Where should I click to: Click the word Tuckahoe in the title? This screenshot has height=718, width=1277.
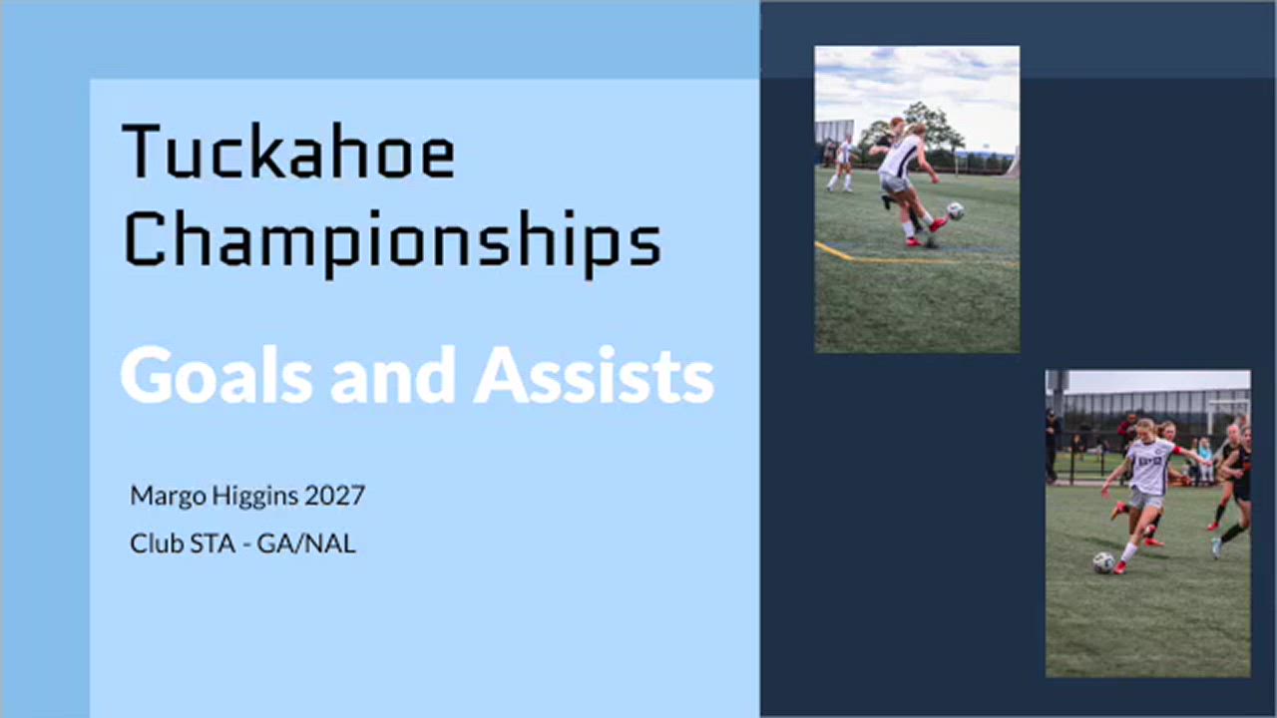pos(289,151)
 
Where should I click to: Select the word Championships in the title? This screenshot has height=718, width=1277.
pos(393,242)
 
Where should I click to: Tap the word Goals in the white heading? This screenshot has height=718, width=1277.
pos(216,376)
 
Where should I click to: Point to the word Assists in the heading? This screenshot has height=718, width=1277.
pos(594,376)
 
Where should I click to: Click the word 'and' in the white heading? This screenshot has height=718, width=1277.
pos(393,376)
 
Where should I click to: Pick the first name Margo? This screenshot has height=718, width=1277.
pos(169,497)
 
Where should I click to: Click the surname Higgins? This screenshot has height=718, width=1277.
pos(254,497)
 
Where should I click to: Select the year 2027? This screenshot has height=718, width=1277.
pos(334,496)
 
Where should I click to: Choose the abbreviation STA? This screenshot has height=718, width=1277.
pos(213,543)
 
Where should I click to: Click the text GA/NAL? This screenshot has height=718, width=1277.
pos(306,543)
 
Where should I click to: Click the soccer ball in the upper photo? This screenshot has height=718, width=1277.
pos(955,210)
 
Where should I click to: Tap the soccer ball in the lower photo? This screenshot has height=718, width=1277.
pos(1103,563)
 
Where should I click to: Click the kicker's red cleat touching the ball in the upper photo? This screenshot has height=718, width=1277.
pos(939,224)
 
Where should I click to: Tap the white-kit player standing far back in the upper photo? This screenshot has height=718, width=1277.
pos(843,164)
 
